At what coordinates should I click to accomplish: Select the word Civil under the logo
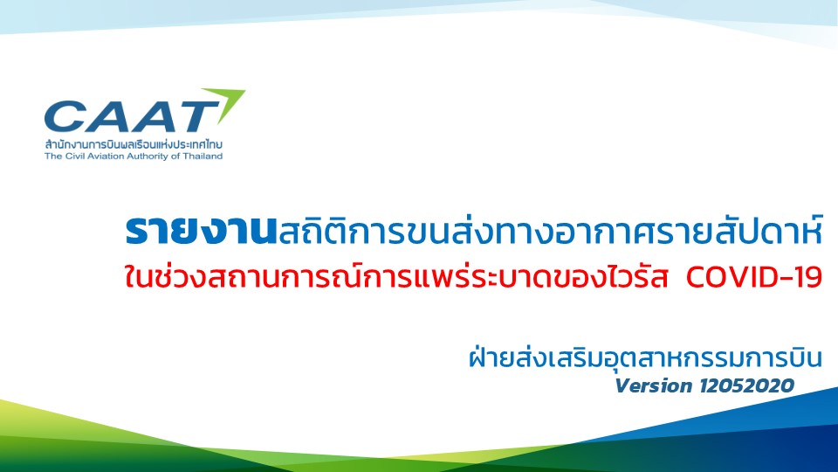72,156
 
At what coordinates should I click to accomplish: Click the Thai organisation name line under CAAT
134,144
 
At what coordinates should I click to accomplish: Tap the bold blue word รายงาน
201,231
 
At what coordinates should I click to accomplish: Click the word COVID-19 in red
753,277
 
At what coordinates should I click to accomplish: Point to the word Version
654,385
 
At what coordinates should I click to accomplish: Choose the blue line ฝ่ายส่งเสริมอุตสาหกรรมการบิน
645,357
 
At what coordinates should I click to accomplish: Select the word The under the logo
53,156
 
